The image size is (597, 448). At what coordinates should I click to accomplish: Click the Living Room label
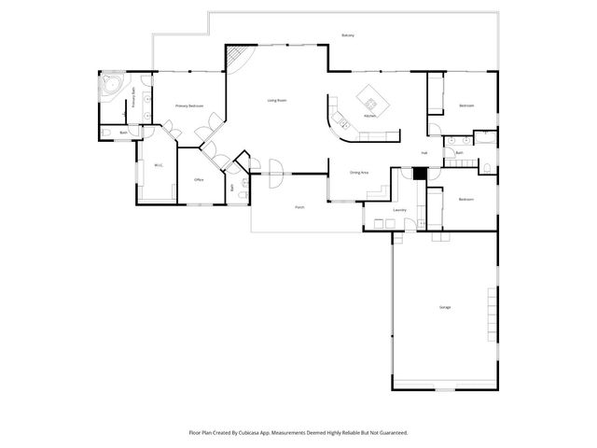pyautogui.click(x=276, y=100)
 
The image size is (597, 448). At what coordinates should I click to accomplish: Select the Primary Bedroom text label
pyautogui.click(x=189, y=106)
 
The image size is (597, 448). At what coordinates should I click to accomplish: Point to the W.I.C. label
pyautogui.click(x=159, y=166)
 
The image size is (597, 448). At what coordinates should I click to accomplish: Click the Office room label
pyautogui.click(x=199, y=179)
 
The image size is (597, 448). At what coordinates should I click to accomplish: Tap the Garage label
pyautogui.click(x=445, y=307)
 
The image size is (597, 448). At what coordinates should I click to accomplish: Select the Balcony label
pyautogui.click(x=348, y=35)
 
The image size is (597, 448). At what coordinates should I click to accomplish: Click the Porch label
pyautogui.click(x=299, y=206)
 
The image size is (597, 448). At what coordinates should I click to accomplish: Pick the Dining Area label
pyautogui.click(x=359, y=173)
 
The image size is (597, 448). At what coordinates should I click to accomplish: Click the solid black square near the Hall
pyautogui.click(x=420, y=173)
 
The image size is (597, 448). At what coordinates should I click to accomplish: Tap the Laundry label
pyautogui.click(x=399, y=210)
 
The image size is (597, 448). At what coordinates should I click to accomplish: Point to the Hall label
pyautogui.click(x=423, y=153)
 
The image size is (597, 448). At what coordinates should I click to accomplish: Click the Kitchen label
pyautogui.click(x=369, y=116)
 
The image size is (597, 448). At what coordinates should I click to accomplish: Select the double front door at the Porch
pyautogui.click(x=277, y=170)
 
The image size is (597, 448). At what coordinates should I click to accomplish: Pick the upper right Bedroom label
pyautogui.click(x=466, y=106)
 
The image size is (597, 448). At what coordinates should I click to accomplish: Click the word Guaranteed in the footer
pyautogui.click(x=390, y=433)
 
